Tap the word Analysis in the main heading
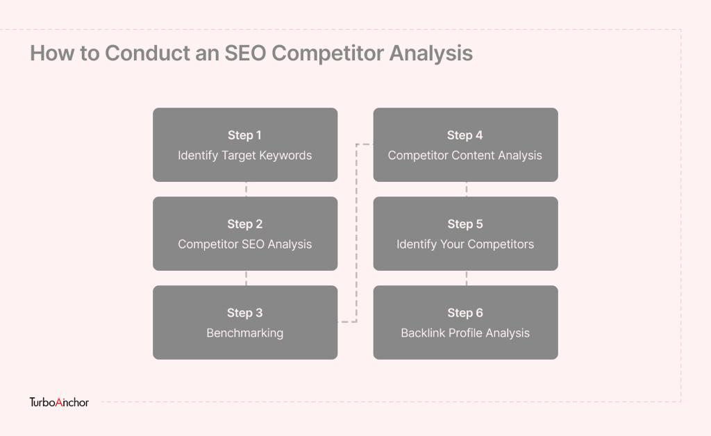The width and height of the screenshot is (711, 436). tap(430, 54)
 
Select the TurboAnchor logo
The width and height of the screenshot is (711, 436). tap(59, 402)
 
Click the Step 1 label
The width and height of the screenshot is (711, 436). tap(245, 135)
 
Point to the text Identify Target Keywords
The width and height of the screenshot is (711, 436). tap(245, 156)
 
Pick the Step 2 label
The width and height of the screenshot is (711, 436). tap(245, 224)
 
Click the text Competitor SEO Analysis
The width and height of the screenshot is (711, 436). tap(245, 244)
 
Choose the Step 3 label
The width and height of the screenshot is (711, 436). tap(245, 312)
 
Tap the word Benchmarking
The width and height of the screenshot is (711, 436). tap(245, 333)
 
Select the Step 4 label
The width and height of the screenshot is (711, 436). tap(465, 135)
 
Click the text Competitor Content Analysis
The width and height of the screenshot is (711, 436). tap(465, 156)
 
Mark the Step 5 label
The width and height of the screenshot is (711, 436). tap(465, 224)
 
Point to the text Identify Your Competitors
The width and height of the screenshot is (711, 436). tap(465, 244)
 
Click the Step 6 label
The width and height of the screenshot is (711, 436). tap(465, 312)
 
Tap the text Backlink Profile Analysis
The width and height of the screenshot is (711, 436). tap(465, 333)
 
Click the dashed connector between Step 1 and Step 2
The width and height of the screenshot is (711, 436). tap(246, 189)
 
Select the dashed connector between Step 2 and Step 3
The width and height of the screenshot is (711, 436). tap(246, 278)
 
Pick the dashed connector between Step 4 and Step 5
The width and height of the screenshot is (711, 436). tap(467, 189)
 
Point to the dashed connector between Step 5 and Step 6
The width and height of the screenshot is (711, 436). tap(467, 278)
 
